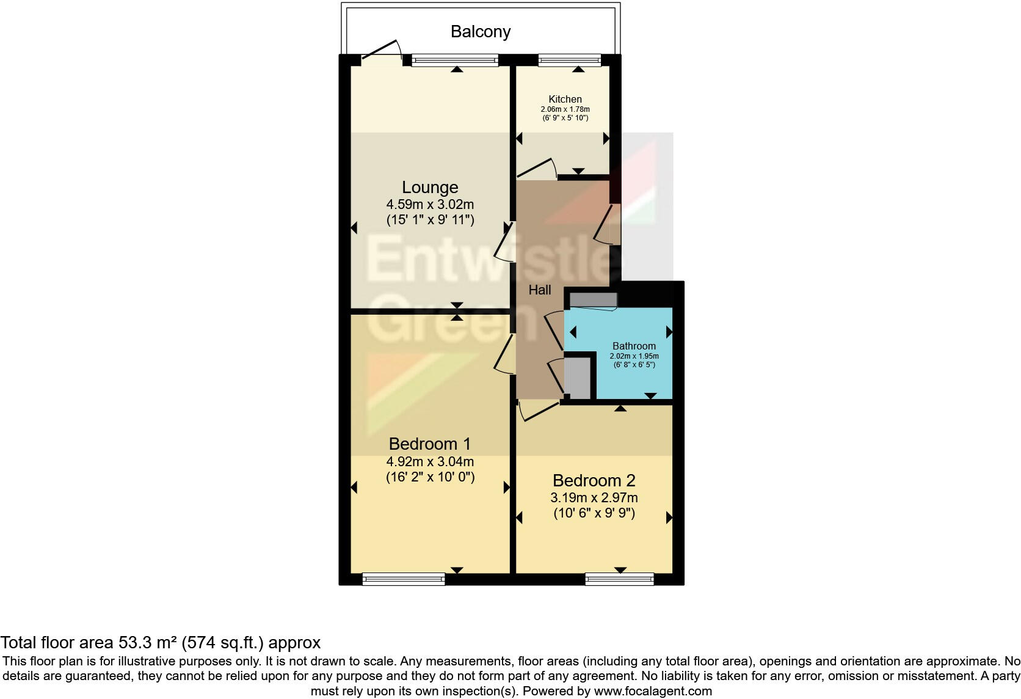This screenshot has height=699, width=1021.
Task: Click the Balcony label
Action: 480,32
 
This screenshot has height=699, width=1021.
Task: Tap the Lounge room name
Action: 429,188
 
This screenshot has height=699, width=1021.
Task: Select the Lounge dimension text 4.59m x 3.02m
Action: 429,205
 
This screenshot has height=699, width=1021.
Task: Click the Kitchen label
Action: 565,99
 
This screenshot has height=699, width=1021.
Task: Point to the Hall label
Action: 539,290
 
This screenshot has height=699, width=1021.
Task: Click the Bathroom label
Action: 634,346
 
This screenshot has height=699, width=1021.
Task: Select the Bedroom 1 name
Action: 429,444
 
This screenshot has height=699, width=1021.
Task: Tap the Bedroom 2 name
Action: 594,480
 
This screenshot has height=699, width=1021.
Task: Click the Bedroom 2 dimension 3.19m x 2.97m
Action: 594,498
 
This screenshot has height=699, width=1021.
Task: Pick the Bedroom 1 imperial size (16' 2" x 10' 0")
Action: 429,477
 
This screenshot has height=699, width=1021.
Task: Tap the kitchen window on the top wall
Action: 570,60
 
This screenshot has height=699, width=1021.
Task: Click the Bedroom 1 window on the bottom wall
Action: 404,579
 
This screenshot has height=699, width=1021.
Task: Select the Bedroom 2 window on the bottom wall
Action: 619,579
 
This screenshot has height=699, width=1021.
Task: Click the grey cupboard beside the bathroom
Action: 577,378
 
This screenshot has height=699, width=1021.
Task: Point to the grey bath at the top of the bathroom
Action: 593,300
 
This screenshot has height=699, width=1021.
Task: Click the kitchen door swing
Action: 537,168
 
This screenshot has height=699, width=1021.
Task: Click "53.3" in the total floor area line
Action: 133,643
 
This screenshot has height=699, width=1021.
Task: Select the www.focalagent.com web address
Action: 653,692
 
